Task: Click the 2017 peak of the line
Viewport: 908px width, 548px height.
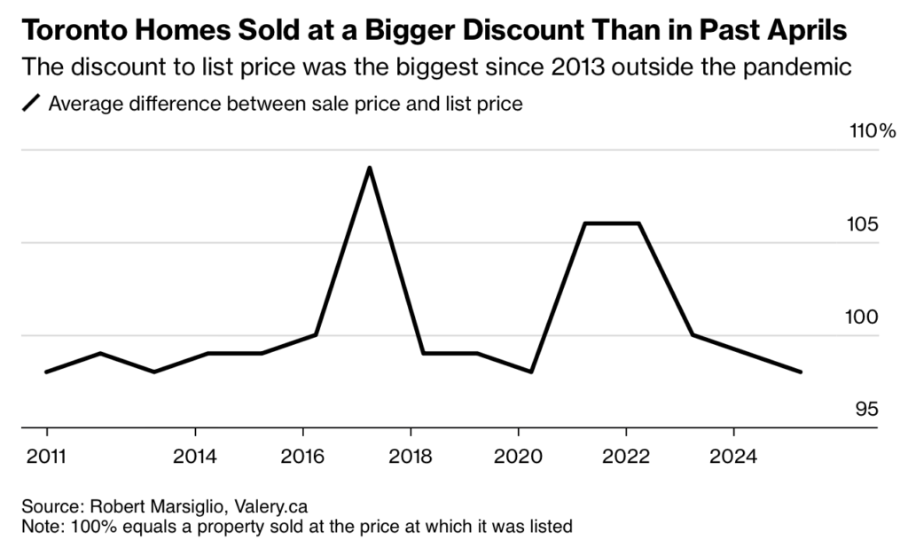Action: tap(369, 168)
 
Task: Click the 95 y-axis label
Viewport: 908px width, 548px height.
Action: tap(867, 410)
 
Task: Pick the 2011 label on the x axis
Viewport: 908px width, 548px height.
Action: tap(46, 457)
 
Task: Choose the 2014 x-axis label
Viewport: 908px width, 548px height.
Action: tap(196, 457)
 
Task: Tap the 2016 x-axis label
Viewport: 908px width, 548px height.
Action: tap(303, 457)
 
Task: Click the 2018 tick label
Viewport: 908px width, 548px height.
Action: tap(411, 457)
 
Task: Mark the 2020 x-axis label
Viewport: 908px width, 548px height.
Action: tap(519, 457)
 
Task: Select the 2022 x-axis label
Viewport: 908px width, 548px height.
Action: tap(626, 457)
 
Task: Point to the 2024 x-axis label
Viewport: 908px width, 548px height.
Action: tap(733, 457)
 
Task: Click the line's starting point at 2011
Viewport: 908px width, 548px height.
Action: tap(46, 372)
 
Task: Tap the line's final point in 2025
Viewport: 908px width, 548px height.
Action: tap(801, 372)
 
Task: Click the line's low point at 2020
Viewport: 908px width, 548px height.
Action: tap(530, 372)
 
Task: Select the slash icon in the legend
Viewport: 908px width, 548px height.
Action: tap(31, 104)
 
